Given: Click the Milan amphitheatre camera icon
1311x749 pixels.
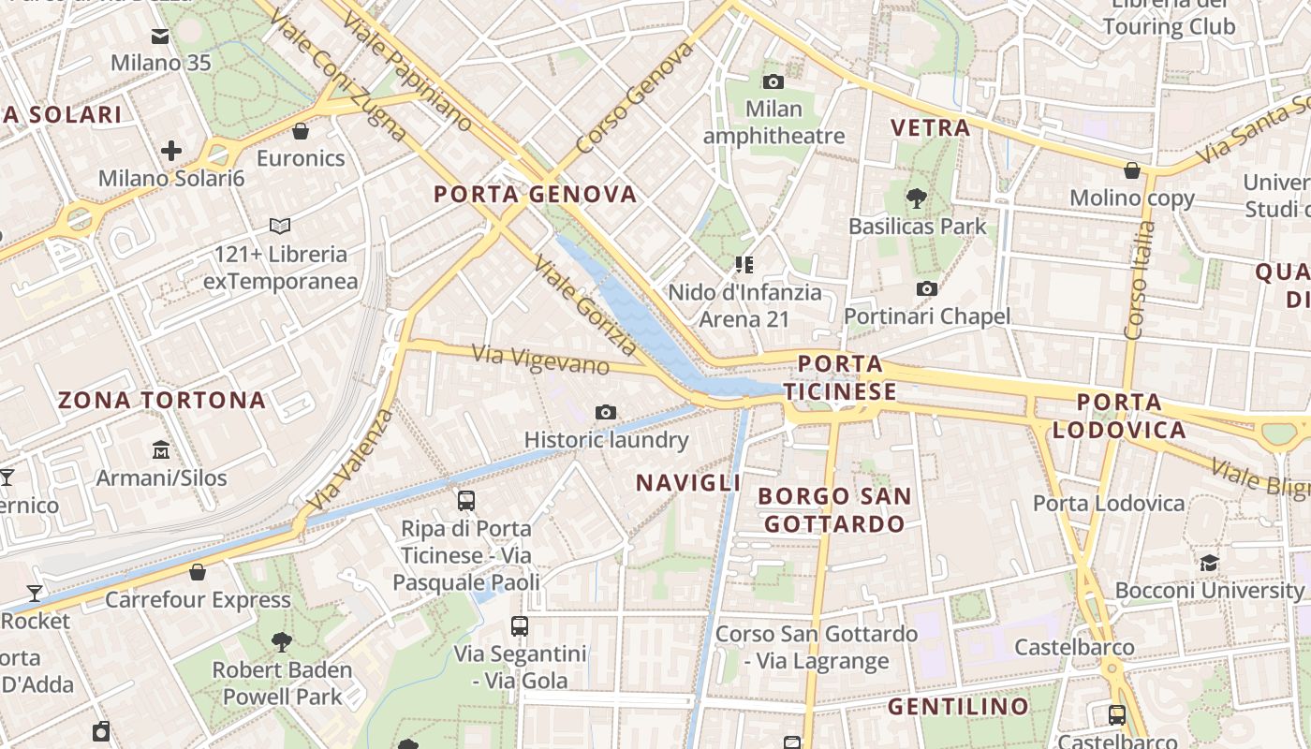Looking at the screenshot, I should pyautogui.click(x=773, y=81).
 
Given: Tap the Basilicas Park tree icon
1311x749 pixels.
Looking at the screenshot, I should pyautogui.click(x=916, y=198).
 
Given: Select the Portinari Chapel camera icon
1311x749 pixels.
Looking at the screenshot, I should pyautogui.click(x=927, y=288).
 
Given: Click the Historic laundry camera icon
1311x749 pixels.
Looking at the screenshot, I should pyautogui.click(x=606, y=412).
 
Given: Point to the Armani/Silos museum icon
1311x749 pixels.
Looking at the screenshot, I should pyautogui.click(x=160, y=450).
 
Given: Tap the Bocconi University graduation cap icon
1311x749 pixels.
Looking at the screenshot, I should pyautogui.click(x=1209, y=563).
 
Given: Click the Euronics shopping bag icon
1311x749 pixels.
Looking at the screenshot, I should pyautogui.click(x=301, y=131).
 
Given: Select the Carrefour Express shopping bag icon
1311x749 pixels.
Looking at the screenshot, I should pyautogui.click(x=198, y=572).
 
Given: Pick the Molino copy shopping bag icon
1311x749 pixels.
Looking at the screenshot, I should pyautogui.click(x=1132, y=170).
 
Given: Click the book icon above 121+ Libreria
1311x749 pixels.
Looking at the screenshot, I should pyautogui.click(x=280, y=226).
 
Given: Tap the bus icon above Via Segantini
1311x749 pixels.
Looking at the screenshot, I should pyautogui.click(x=520, y=626).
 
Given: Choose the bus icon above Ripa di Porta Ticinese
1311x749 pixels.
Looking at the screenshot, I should pyautogui.click(x=466, y=501).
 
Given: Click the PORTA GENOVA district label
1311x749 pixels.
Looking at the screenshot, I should pyautogui.click(x=536, y=195).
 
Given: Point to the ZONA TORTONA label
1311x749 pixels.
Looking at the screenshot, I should pyautogui.click(x=162, y=401).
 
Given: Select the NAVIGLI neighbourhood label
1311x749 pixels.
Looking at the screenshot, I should pyautogui.click(x=688, y=483).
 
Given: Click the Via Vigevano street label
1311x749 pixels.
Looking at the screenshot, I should pyautogui.click(x=541, y=359).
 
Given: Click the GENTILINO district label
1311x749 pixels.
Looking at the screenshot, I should pyautogui.click(x=958, y=707).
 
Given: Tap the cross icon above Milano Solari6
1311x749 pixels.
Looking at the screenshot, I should pyautogui.click(x=171, y=150).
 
